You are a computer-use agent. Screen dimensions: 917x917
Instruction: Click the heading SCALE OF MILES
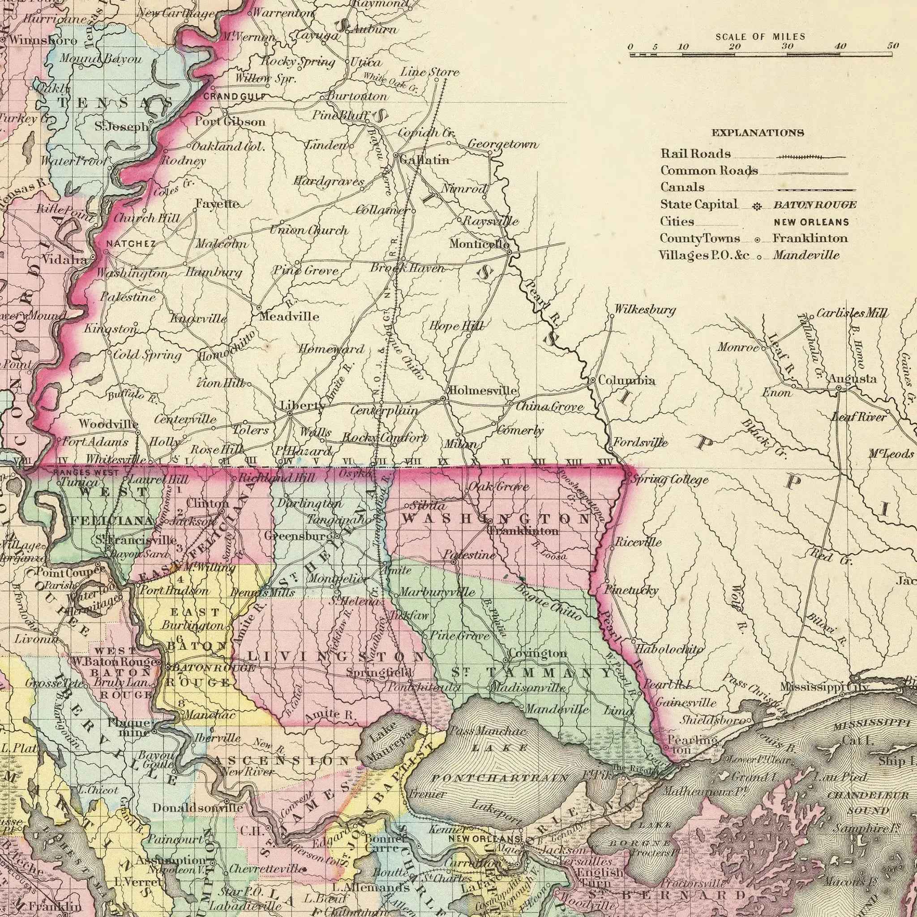pos(760,37)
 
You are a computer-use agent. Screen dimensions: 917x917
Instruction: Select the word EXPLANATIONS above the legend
pos(758,133)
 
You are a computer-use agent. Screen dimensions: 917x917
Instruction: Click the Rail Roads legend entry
pos(695,154)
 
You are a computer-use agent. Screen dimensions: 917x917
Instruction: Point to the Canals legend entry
pos(682,187)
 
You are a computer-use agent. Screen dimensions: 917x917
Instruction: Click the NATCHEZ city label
pos(131,244)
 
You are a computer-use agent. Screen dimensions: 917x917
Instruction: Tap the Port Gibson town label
pos(230,121)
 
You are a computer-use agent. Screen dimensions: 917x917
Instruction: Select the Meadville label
pos(289,316)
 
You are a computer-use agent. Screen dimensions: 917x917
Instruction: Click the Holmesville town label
pos(483,391)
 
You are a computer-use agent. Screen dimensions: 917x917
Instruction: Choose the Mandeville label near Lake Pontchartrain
pos(557,710)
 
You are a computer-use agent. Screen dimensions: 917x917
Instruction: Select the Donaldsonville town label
pos(198,807)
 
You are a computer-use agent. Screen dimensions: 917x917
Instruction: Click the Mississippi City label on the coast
pos(825,687)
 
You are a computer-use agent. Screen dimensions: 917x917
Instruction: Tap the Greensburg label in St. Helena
pos(297,536)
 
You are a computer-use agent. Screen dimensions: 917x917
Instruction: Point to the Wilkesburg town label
pos(645,310)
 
